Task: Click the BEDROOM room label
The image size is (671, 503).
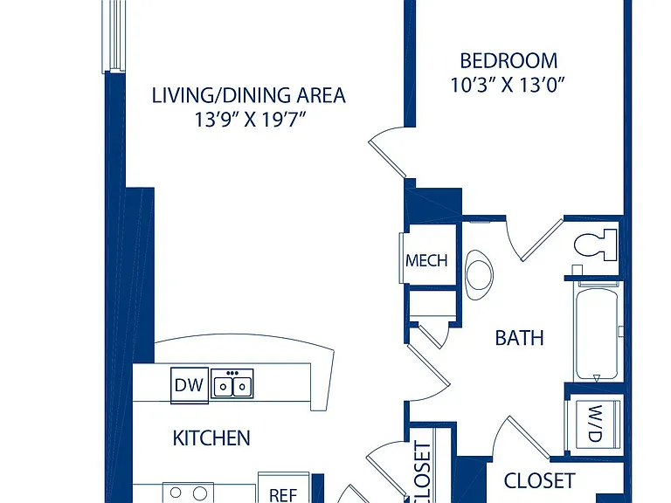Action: coord(508,61)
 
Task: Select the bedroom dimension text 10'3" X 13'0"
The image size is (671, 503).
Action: coord(508,85)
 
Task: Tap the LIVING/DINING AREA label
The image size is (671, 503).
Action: coord(249,95)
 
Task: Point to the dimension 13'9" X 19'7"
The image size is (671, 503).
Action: coord(251,120)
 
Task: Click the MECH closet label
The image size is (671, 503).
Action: coord(426,260)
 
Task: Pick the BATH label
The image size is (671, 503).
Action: coord(519,338)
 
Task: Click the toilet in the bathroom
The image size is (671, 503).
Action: coord(595,245)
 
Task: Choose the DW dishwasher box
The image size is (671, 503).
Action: coord(189,385)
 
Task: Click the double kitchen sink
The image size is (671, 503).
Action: coord(232,383)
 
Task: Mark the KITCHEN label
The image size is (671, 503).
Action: coord(211,438)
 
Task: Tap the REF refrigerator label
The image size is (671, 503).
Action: coord(283,495)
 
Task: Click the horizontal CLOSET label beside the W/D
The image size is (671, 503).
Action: coord(539,481)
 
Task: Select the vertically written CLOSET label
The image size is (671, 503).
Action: coord(422,472)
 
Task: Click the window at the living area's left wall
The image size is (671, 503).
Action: coord(113,36)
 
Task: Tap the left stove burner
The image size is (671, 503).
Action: coord(176,493)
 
